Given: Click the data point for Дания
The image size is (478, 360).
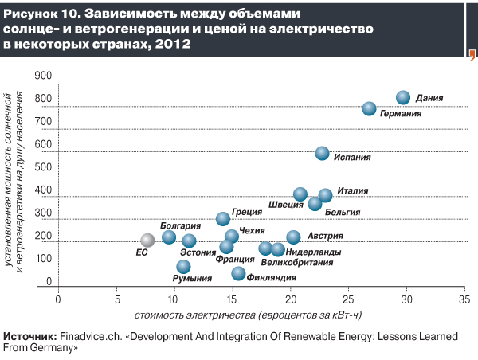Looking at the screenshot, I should tap(402, 97).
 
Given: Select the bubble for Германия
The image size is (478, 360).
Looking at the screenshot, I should tap(370, 108).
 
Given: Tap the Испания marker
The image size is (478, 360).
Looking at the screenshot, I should tap(322, 153).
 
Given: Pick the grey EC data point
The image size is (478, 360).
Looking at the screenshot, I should tap(147, 240).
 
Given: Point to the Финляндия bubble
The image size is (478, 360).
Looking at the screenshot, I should tap(238, 273).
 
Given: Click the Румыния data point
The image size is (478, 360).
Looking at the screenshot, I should tap(184, 267).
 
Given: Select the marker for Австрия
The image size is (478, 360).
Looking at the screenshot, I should tap(293, 237).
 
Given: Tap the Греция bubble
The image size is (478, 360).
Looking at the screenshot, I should tap(223, 218).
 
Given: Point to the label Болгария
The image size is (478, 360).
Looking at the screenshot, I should tap(180, 226).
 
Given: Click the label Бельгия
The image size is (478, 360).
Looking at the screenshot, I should tap(343, 213).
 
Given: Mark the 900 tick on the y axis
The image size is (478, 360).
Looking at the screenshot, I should tap(43, 76).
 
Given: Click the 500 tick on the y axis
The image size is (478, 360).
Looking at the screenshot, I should tap(43, 168).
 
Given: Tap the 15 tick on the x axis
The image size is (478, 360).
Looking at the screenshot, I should tap(232, 299).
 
